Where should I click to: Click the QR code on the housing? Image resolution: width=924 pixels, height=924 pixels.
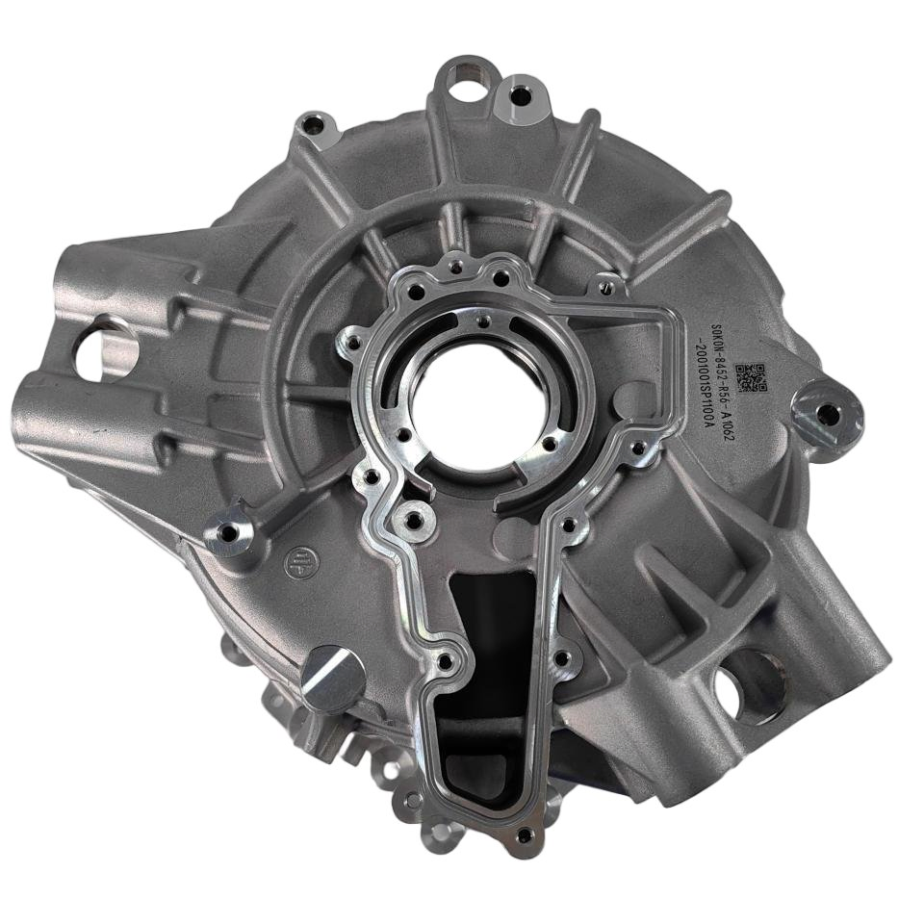pos(752,378)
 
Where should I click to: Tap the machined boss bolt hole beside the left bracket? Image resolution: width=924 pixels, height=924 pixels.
pos(227,529)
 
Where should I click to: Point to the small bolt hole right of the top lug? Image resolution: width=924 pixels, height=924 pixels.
pos(520,95)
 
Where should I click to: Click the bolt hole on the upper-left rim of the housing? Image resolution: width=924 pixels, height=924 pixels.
pos(313,125)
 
